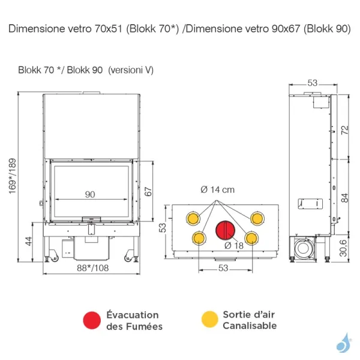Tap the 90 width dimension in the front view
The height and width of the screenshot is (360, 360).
[91, 194]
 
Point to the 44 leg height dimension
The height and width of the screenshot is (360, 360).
[27, 241]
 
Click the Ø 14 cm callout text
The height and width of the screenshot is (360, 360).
[218, 190]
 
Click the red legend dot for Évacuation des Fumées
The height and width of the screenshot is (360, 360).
[92, 320]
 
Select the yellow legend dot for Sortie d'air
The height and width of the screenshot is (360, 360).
[209, 320]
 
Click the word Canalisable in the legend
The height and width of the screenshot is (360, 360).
[250, 326]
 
